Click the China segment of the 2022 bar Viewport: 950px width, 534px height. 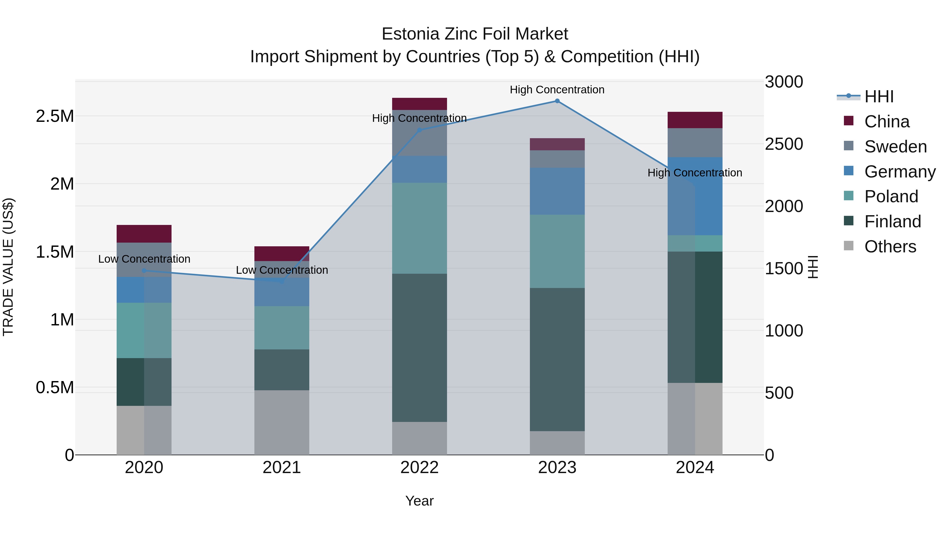[x=419, y=104]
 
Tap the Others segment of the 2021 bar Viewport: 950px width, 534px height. [x=282, y=422]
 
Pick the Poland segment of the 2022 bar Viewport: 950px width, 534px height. [x=419, y=228]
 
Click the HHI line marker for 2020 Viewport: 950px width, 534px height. [x=144, y=271]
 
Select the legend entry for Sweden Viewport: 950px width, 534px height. [x=895, y=147]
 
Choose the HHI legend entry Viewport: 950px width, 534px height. [x=878, y=97]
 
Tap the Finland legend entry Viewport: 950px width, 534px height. [x=892, y=222]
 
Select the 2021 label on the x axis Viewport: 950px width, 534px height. [x=282, y=468]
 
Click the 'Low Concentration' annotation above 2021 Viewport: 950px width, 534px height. [x=282, y=270]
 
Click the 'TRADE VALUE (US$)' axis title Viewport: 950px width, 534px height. [x=8, y=267]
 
